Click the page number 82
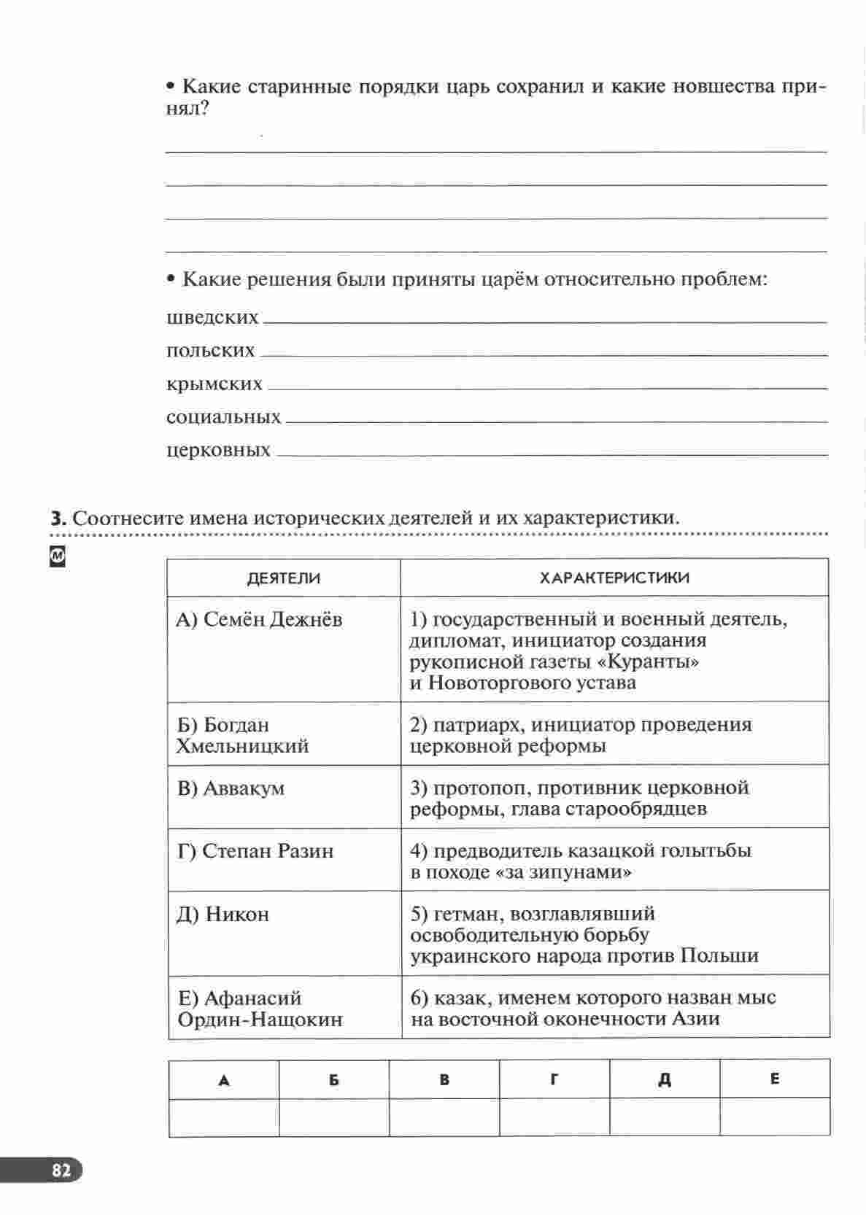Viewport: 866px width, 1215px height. point(61,1171)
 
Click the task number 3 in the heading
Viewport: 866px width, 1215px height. point(58,518)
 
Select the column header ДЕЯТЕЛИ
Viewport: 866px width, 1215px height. point(283,578)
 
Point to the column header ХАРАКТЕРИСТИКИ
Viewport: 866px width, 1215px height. point(614,578)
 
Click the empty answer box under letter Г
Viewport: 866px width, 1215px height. point(554,1117)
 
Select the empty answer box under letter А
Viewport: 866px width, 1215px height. point(223,1117)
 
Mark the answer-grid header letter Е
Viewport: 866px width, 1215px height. point(774,1079)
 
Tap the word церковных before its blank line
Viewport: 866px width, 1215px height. point(218,450)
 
